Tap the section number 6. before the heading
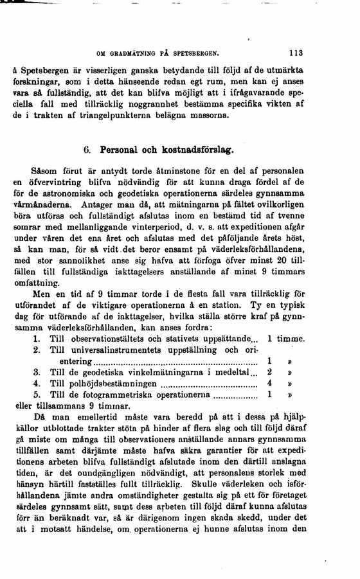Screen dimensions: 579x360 click(89, 150)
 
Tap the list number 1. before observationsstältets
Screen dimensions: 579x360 click(37, 338)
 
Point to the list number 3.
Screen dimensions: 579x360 click(37, 372)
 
